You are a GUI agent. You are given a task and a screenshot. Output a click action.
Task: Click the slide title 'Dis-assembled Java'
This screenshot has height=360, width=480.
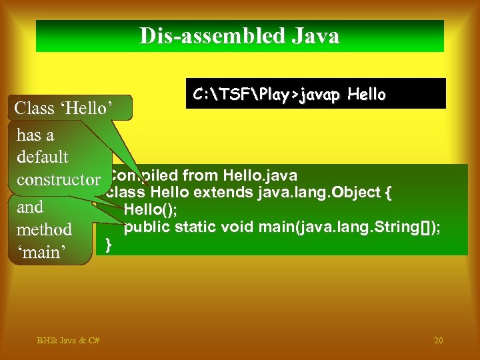239,36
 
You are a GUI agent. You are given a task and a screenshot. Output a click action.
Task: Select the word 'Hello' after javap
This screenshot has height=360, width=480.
367,95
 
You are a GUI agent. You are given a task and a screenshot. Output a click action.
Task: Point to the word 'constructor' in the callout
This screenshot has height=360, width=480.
59,180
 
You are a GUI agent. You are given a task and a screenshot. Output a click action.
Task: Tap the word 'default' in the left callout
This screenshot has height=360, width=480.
43,157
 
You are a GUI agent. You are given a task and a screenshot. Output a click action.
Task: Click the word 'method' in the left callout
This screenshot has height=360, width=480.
44,229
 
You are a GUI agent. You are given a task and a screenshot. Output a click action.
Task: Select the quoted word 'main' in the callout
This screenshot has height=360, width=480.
41,253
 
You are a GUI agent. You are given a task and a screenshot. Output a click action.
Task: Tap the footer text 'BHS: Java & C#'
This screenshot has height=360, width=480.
68,341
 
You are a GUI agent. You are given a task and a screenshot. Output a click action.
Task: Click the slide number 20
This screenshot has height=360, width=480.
438,341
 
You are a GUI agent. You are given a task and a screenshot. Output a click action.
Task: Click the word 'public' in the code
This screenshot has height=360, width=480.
146,227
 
